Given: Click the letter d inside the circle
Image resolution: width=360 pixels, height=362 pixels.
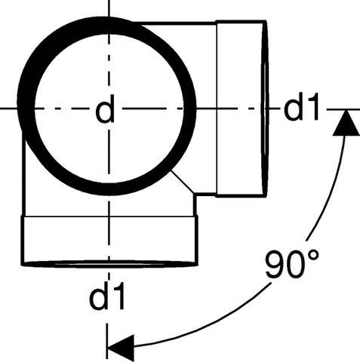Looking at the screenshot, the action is point(105,109).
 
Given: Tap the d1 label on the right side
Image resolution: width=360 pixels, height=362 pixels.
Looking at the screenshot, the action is point(302,106).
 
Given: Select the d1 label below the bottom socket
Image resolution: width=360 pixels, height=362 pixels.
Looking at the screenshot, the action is point(107,295).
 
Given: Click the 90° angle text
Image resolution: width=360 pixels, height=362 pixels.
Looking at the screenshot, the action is point(292,264).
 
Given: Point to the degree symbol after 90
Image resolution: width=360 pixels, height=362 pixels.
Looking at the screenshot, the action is point(312,256).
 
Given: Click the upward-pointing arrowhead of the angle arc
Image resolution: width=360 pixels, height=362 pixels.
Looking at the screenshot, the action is point(346,123).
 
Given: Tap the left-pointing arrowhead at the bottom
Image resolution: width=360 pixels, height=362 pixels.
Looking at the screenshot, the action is point(121,348).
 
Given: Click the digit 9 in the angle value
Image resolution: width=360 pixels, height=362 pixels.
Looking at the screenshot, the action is point(275,265).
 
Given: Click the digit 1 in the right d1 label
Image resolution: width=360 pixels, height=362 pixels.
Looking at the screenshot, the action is point(315,106).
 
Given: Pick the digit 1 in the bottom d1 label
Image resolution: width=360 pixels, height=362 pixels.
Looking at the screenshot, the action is point(119,295).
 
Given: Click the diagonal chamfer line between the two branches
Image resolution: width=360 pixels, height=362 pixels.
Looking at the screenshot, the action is point(183,182).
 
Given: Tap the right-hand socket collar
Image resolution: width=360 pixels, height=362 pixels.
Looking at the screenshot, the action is point(241,109).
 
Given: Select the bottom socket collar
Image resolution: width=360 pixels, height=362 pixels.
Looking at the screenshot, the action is point(109,240).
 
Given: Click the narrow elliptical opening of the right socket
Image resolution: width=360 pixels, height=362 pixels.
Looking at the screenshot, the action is point(264,109).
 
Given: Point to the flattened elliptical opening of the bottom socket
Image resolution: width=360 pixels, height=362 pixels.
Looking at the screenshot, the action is point(109,264).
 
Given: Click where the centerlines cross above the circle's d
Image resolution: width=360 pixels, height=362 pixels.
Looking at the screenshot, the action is point(109,109).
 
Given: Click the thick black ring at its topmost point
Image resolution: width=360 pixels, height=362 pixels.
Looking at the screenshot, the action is point(106,25).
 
